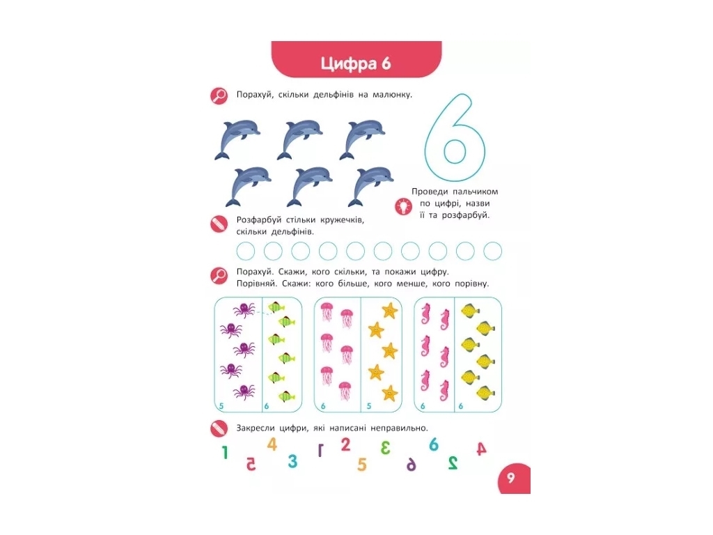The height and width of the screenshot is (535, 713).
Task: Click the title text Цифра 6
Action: (x=356, y=63)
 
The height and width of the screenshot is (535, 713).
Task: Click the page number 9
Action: (x=511, y=478)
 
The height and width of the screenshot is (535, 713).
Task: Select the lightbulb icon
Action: (x=403, y=206)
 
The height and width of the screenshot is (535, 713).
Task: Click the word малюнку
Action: (x=392, y=95)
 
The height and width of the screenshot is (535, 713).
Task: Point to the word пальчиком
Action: (x=475, y=192)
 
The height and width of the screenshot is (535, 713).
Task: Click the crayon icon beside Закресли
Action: (x=219, y=428)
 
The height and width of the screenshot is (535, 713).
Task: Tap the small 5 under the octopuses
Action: (x=221, y=406)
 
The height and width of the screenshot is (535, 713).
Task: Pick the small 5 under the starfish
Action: (x=369, y=406)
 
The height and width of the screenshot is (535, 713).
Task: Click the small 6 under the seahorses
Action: (x=423, y=406)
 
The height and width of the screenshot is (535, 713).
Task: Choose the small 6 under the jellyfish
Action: (x=323, y=406)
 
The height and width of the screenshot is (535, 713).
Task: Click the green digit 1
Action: (x=225, y=453)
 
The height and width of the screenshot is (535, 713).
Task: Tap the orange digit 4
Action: (x=272, y=444)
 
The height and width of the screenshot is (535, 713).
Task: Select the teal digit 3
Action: (x=293, y=461)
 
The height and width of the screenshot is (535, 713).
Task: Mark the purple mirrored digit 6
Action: (x=411, y=464)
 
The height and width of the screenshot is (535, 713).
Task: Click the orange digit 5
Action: (x=361, y=465)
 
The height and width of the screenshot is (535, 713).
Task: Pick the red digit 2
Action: (x=345, y=444)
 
